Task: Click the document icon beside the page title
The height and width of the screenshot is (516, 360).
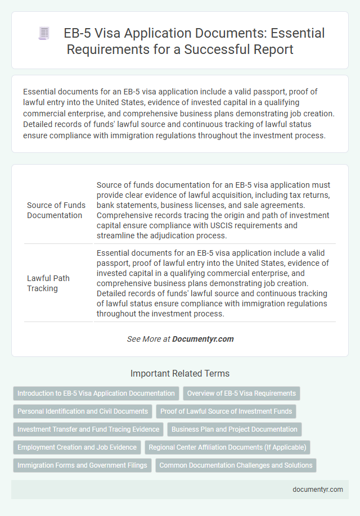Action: click(x=44, y=34)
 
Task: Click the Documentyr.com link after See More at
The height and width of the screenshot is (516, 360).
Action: click(x=202, y=339)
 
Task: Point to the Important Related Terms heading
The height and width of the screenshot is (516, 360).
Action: click(x=180, y=373)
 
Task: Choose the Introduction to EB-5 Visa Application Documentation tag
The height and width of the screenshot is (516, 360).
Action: click(x=96, y=393)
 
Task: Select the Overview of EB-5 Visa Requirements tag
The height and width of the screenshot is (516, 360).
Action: click(x=241, y=393)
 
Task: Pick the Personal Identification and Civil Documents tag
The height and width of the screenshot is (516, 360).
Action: click(x=83, y=411)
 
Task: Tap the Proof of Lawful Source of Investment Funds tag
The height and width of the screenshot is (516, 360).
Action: click(x=226, y=411)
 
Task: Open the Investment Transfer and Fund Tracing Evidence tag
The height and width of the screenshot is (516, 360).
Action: click(x=88, y=429)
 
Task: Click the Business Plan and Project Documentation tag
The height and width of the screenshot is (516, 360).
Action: click(x=235, y=429)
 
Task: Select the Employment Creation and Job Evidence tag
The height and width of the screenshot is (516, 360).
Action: click(x=77, y=447)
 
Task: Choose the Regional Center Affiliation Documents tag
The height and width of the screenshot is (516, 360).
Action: click(x=227, y=447)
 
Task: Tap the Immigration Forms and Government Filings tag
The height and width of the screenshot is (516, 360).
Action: click(x=82, y=465)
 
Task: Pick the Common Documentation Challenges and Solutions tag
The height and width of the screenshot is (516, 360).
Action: click(x=236, y=465)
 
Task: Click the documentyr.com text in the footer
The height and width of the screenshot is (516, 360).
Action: click(x=318, y=489)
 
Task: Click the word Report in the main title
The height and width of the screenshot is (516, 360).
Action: click(x=274, y=49)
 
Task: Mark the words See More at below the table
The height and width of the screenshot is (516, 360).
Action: click(x=148, y=339)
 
